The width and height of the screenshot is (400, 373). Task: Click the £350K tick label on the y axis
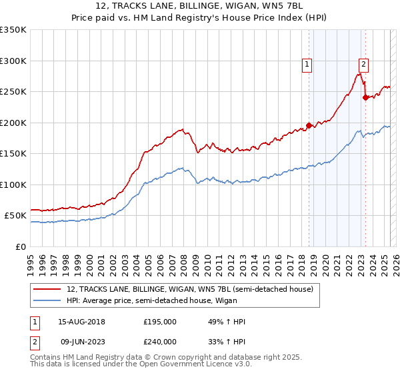pyautogui.click(x=13, y=30)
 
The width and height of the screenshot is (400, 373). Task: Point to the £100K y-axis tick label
pyautogui.click(x=13, y=185)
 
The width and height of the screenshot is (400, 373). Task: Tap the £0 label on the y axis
pyautogui.click(x=21, y=246)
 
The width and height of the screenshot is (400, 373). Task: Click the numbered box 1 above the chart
pyautogui.click(x=306, y=65)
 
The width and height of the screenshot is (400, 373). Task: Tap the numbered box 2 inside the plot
pyautogui.click(x=363, y=65)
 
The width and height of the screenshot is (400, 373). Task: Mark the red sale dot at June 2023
pyautogui.click(x=365, y=97)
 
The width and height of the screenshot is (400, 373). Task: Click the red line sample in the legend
pyautogui.click(x=47, y=289)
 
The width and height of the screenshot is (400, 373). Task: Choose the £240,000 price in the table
pyautogui.click(x=160, y=341)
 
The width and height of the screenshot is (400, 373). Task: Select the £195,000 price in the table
pyautogui.click(x=160, y=322)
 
